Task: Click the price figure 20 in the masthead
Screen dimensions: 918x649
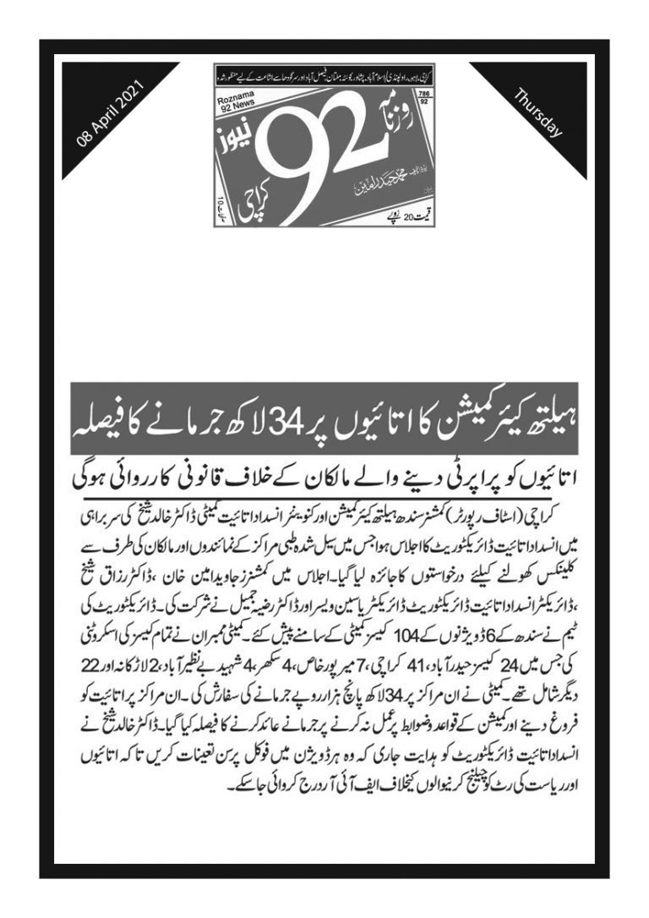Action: coord(385,216)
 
